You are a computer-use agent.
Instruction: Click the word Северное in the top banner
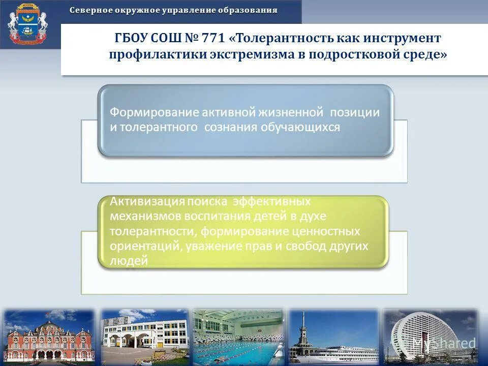[89, 10]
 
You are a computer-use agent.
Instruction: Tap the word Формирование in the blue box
[154, 112]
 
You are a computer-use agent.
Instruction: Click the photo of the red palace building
[49, 337]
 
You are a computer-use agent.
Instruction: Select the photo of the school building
[145, 337]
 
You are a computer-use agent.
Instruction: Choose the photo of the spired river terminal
[333, 337]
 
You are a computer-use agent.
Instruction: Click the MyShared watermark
[443, 344]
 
